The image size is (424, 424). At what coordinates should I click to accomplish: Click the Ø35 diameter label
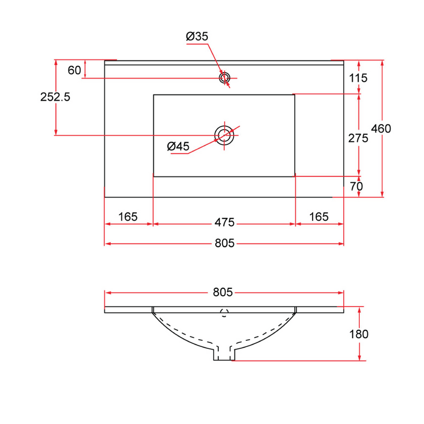pos(197,36)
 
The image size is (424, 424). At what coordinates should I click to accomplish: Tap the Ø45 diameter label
pos(178,146)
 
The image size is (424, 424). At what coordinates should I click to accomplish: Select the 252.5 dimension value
pos(55,97)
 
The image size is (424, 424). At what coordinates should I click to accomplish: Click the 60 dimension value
pos(74,70)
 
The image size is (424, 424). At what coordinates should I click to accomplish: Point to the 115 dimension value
pos(358,78)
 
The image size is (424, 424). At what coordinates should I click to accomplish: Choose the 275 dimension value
pos(358,138)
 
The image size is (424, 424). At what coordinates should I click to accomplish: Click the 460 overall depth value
pos(381,128)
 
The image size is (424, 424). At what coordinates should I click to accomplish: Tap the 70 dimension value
pos(356,187)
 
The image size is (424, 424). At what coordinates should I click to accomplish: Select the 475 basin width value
pos(224,223)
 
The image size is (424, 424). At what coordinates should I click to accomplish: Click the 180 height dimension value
pos(359,334)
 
